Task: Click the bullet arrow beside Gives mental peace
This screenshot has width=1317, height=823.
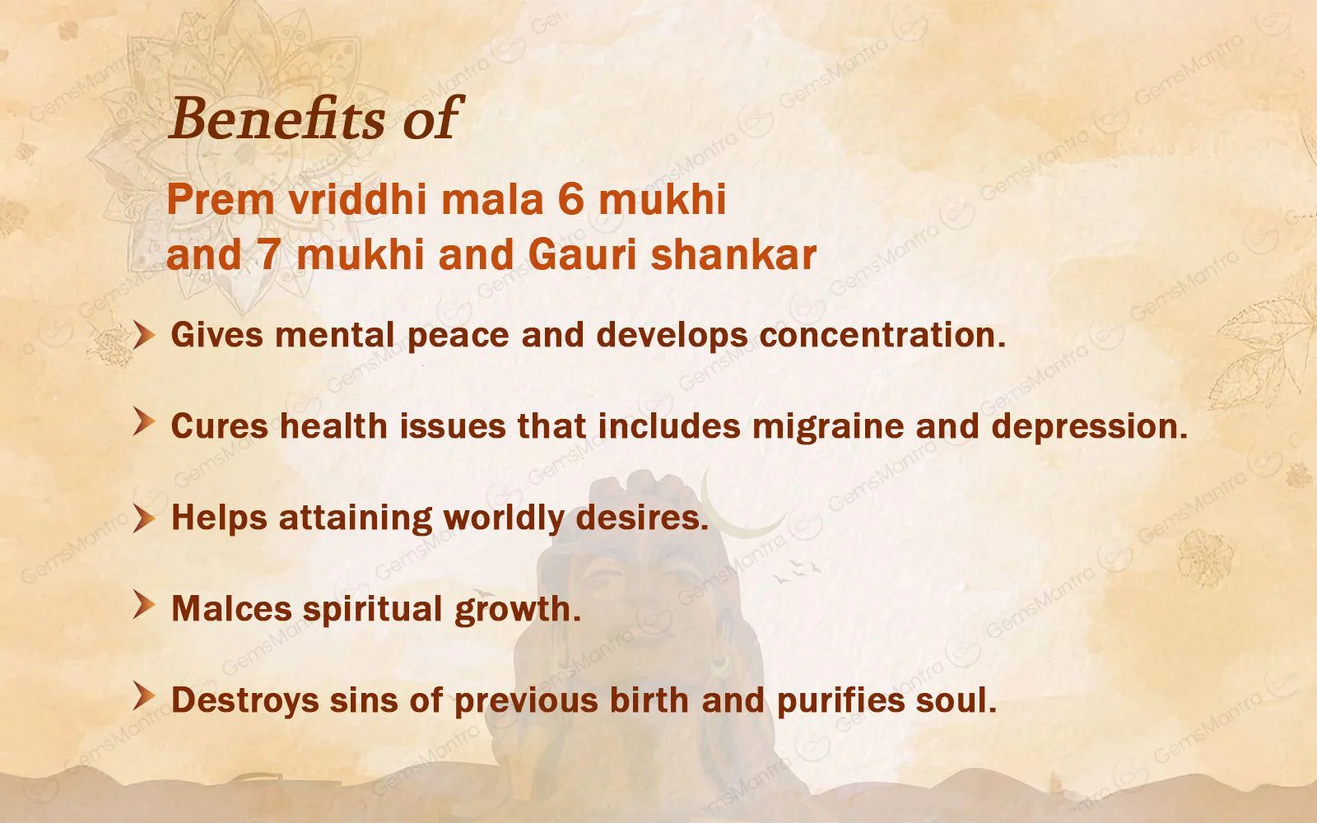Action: click(x=145, y=335)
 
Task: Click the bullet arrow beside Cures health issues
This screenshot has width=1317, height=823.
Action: click(x=145, y=425)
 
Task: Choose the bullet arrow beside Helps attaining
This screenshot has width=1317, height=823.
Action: click(x=145, y=518)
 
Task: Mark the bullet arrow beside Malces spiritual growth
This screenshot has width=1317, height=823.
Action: click(x=145, y=607)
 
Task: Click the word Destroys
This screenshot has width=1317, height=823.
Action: click(x=244, y=700)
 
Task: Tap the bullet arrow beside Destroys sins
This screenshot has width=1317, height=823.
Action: click(x=145, y=699)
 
